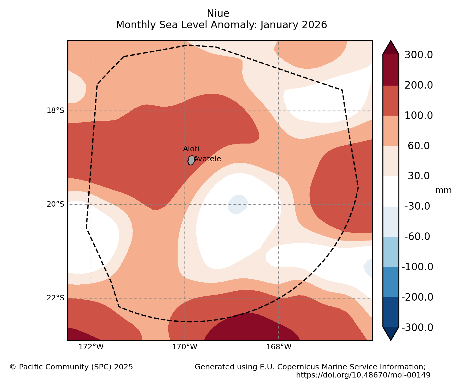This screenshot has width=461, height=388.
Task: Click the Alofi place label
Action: (x=191, y=149)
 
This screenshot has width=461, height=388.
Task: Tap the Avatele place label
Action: (x=207, y=159)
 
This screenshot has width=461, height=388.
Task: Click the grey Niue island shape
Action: (x=191, y=160)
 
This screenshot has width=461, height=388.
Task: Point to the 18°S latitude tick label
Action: (x=55, y=111)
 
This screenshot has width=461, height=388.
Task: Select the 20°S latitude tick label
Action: (x=55, y=204)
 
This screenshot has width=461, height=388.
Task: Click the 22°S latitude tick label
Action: (x=55, y=298)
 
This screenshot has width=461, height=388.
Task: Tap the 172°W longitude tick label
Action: (x=91, y=347)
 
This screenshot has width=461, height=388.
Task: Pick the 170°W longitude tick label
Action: (x=185, y=347)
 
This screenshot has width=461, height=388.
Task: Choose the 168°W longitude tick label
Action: (x=279, y=347)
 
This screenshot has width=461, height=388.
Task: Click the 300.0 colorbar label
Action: (x=419, y=55)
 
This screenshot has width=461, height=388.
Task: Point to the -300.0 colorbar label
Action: (x=417, y=327)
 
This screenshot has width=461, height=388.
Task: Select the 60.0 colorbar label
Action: (x=419, y=146)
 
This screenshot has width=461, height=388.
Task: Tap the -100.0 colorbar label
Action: (x=417, y=267)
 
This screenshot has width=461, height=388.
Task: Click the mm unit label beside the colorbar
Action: (x=443, y=190)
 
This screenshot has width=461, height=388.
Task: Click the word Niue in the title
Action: (x=218, y=14)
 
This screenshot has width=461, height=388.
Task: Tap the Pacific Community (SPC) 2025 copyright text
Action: (x=71, y=367)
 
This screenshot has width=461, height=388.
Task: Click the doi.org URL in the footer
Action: (x=363, y=375)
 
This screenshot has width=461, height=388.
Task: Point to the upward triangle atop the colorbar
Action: (x=391, y=47)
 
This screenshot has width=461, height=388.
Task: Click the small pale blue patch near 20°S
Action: (x=238, y=204)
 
